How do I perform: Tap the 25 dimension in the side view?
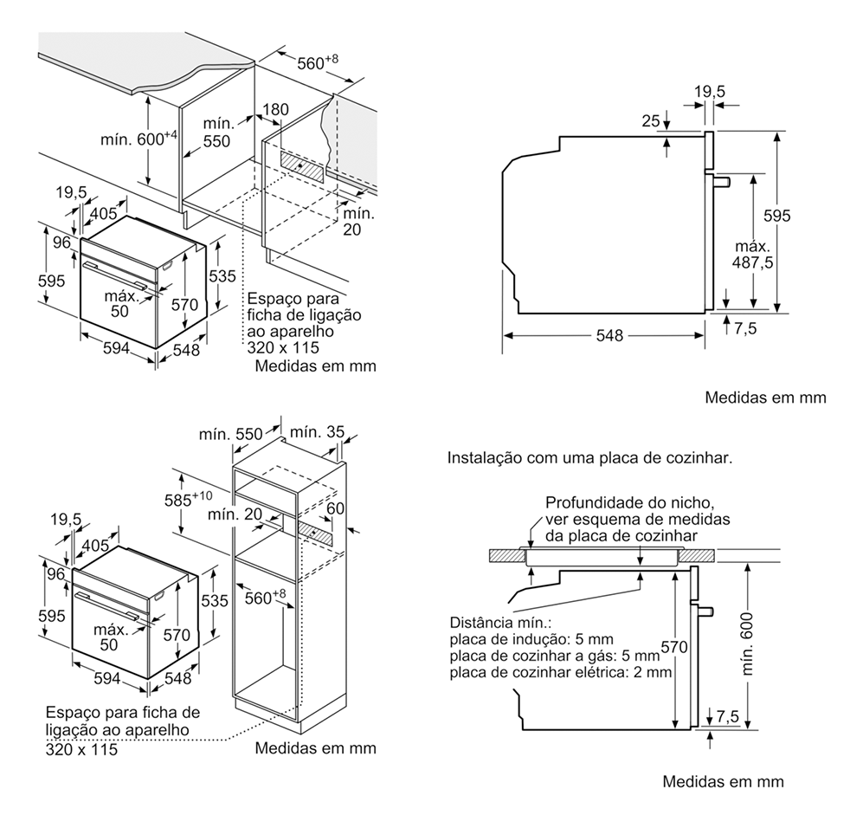point(651,121)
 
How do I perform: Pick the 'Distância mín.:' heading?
point(500,623)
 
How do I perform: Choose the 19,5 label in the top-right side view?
point(709,91)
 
